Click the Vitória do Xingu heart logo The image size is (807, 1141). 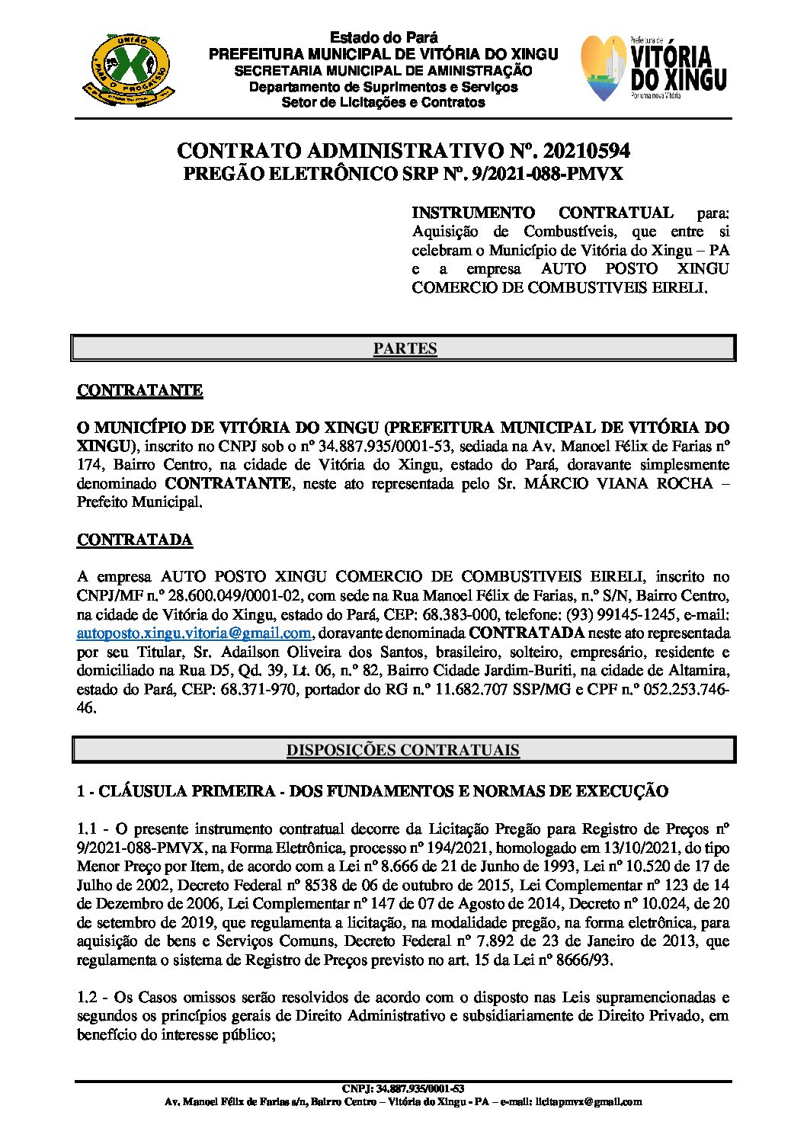[x=605, y=69]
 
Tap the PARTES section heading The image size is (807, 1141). [x=405, y=348]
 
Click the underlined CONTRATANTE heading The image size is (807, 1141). [x=139, y=390]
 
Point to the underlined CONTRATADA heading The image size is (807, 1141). [x=134, y=540]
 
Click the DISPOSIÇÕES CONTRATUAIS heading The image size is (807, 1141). [x=403, y=750]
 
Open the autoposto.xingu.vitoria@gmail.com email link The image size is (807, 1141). [x=194, y=633]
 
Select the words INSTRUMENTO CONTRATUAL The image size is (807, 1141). [x=542, y=213]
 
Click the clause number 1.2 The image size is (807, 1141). [x=88, y=997]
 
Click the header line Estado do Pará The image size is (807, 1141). [x=383, y=37]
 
